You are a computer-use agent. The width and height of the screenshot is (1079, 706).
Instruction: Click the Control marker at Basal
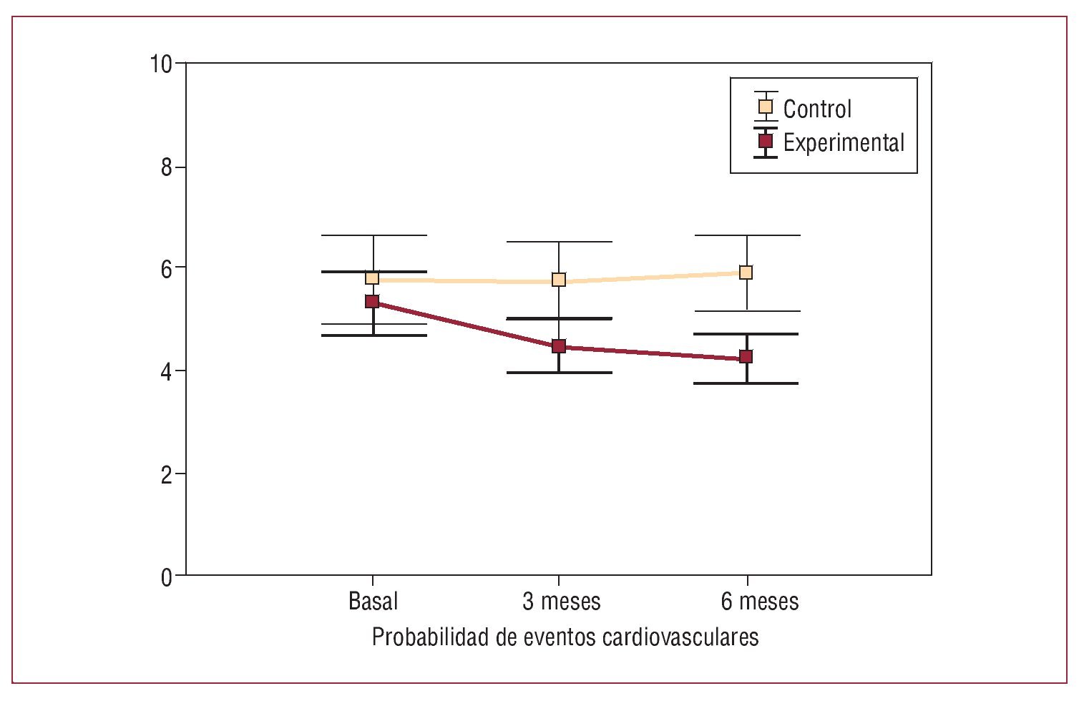click(372, 278)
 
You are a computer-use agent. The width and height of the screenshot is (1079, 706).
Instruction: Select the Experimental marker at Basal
click(372, 301)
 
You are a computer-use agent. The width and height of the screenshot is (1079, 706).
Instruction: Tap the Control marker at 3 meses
click(559, 280)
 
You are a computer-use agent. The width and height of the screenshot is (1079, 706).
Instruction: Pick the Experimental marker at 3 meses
click(559, 346)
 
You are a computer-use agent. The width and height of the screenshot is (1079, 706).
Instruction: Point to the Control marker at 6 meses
click(746, 272)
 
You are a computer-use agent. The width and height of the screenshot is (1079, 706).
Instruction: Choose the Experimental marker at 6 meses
click(746, 356)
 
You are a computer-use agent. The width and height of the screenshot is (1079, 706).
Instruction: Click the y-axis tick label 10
click(161, 64)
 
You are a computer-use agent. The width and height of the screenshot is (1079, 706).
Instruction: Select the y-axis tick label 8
click(167, 167)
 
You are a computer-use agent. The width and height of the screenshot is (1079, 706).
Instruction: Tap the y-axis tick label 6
click(167, 269)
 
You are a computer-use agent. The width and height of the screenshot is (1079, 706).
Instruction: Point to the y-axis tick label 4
click(167, 372)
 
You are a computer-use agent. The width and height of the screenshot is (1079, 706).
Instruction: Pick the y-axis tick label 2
click(167, 474)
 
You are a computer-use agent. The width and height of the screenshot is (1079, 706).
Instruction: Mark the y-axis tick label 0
click(167, 577)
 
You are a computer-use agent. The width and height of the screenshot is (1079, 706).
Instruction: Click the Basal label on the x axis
click(373, 601)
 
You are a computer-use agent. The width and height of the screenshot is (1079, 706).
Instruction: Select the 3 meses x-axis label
click(561, 601)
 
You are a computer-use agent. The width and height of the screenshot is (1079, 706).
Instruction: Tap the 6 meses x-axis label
click(759, 601)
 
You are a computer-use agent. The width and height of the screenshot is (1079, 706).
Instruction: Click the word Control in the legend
click(817, 109)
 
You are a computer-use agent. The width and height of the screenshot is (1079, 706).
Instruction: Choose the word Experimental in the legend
click(844, 142)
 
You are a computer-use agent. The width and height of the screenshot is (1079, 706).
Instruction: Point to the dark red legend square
click(766, 141)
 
